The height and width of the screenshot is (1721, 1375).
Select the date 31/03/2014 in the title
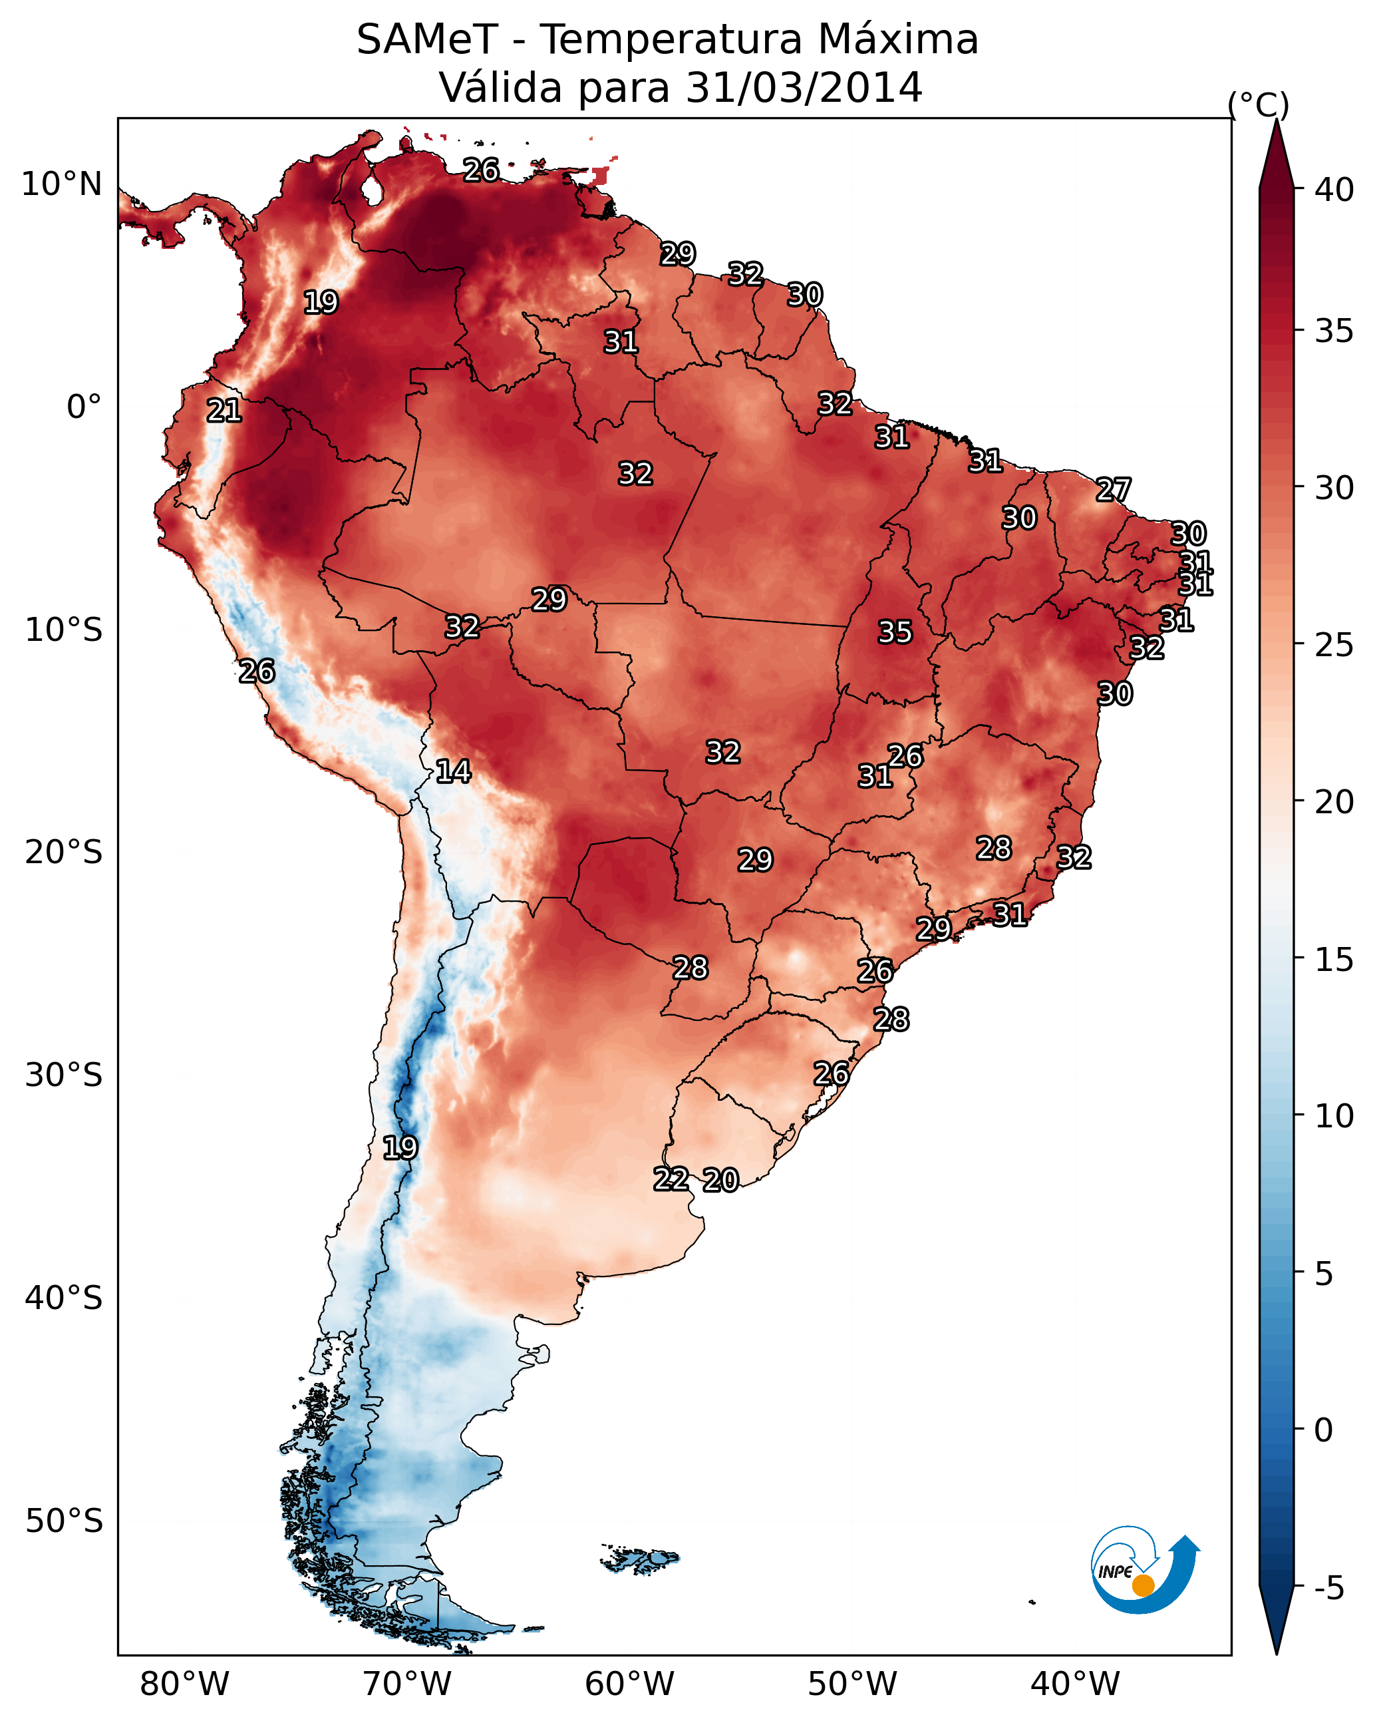pos(804,88)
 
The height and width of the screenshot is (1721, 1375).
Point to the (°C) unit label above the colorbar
pos(1259,104)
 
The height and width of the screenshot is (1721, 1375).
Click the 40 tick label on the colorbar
pos(1334,190)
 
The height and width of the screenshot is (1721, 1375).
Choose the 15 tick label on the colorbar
pos(1334,960)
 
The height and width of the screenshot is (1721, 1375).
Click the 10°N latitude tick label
pos(61,184)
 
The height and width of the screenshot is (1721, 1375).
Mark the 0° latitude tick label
pos(84,407)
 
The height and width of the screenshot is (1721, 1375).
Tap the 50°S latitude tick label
pos(64,1521)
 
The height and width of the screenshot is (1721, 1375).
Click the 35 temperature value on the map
pos(895,632)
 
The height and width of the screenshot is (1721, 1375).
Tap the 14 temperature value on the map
pos(453,771)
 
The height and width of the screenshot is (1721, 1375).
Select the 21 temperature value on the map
pos(224,411)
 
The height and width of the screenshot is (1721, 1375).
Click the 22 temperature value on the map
pos(671,1179)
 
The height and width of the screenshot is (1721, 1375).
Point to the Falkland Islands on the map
pos(640,1559)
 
